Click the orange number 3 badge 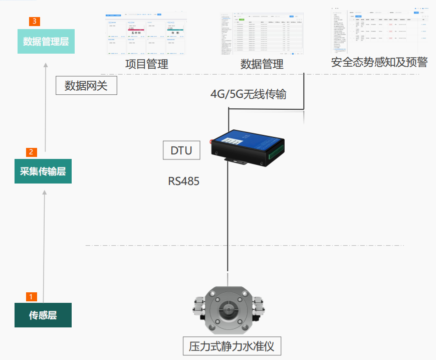[x=34, y=21]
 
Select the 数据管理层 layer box [x=46, y=41]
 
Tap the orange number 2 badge [x=31, y=152]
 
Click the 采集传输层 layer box [x=43, y=171]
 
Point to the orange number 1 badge [x=31, y=296]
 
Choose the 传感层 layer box [x=43, y=315]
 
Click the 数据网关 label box [x=86, y=86]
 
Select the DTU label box [x=181, y=150]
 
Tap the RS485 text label [x=183, y=181]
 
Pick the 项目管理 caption [x=146, y=64]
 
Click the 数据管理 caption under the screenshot [x=262, y=64]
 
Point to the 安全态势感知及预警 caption [x=379, y=63]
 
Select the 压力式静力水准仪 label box [x=232, y=346]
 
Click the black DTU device [x=247, y=145]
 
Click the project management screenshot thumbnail [x=146, y=37]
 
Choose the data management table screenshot [x=262, y=33]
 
